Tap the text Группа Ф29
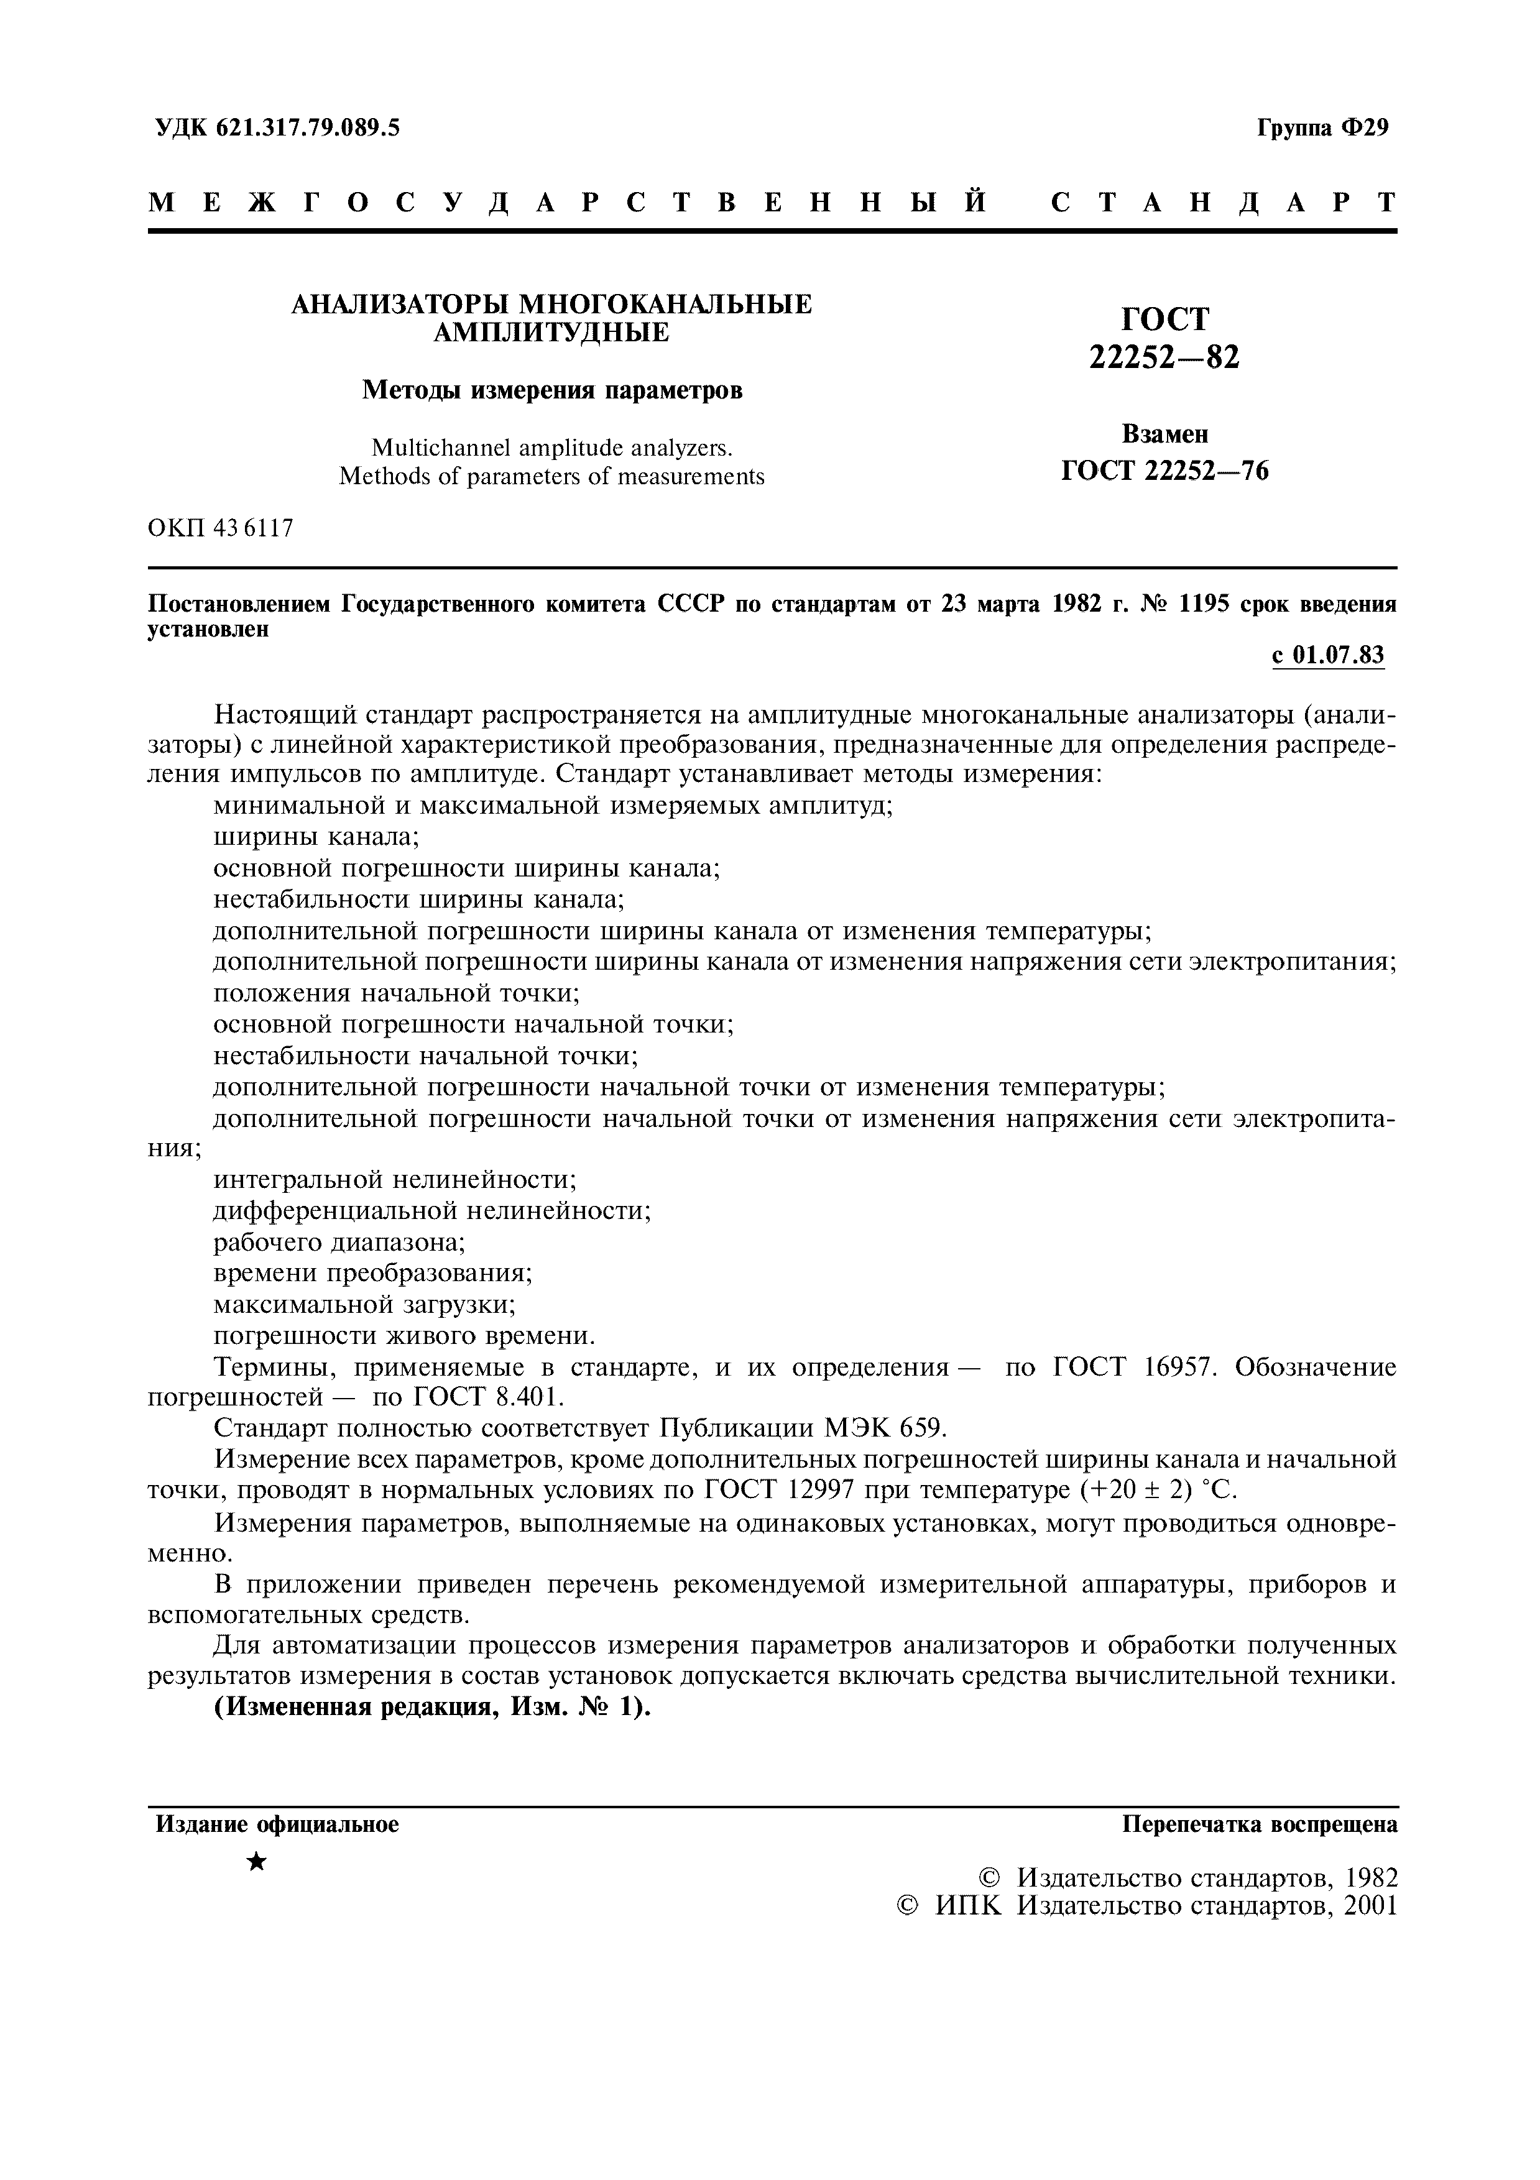click(x=1322, y=127)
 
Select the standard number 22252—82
click(x=1163, y=357)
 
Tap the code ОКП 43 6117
click(x=220, y=528)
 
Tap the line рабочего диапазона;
click(x=339, y=1242)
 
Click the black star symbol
click(x=256, y=1862)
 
